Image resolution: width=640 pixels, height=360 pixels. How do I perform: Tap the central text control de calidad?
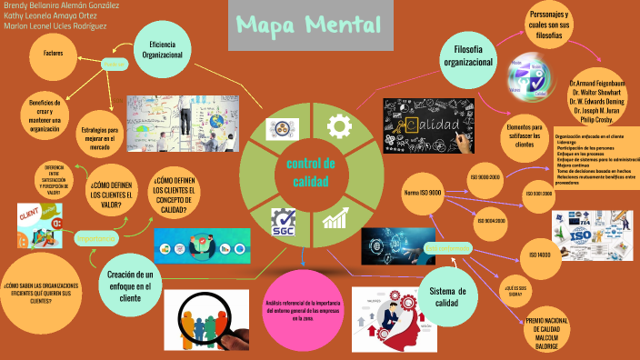coord(311,172)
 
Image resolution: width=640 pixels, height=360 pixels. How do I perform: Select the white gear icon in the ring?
coord(339,125)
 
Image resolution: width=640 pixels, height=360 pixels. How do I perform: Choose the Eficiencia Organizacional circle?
coord(163,48)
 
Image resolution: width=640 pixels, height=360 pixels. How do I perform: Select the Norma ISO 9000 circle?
coord(423,193)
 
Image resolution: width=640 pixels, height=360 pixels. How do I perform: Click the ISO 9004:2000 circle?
coord(490,220)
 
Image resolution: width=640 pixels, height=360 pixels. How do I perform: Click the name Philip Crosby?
coord(596,119)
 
